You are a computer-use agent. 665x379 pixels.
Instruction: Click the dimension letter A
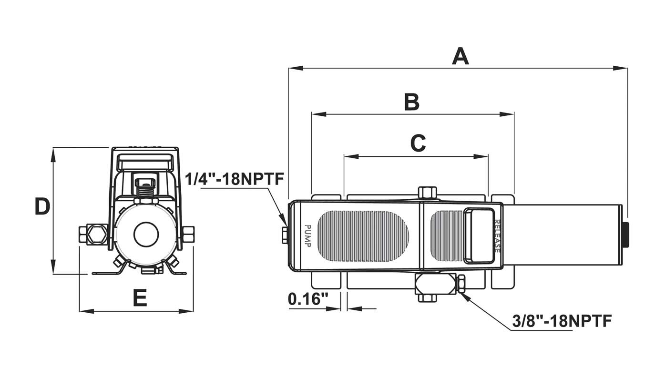[460, 57]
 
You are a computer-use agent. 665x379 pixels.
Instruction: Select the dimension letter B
[412, 102]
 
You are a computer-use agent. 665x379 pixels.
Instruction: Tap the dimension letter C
[418, 143]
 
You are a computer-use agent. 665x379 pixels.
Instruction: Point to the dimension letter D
[42, 207]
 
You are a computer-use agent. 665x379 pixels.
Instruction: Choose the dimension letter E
[139, 298]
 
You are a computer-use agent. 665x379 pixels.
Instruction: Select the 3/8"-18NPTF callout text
[562, 321]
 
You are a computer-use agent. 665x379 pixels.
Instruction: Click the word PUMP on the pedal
[307, 236]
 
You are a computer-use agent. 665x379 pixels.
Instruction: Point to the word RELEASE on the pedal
[497, 236]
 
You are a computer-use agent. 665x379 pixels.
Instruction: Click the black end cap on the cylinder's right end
[626, 234]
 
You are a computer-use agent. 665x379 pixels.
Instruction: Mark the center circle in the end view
[145, 234]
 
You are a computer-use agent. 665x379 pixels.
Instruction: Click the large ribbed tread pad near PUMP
[363, 236]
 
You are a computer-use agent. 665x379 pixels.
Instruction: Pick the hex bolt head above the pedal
[427, 193]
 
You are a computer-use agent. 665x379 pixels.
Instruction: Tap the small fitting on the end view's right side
[188, 234]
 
